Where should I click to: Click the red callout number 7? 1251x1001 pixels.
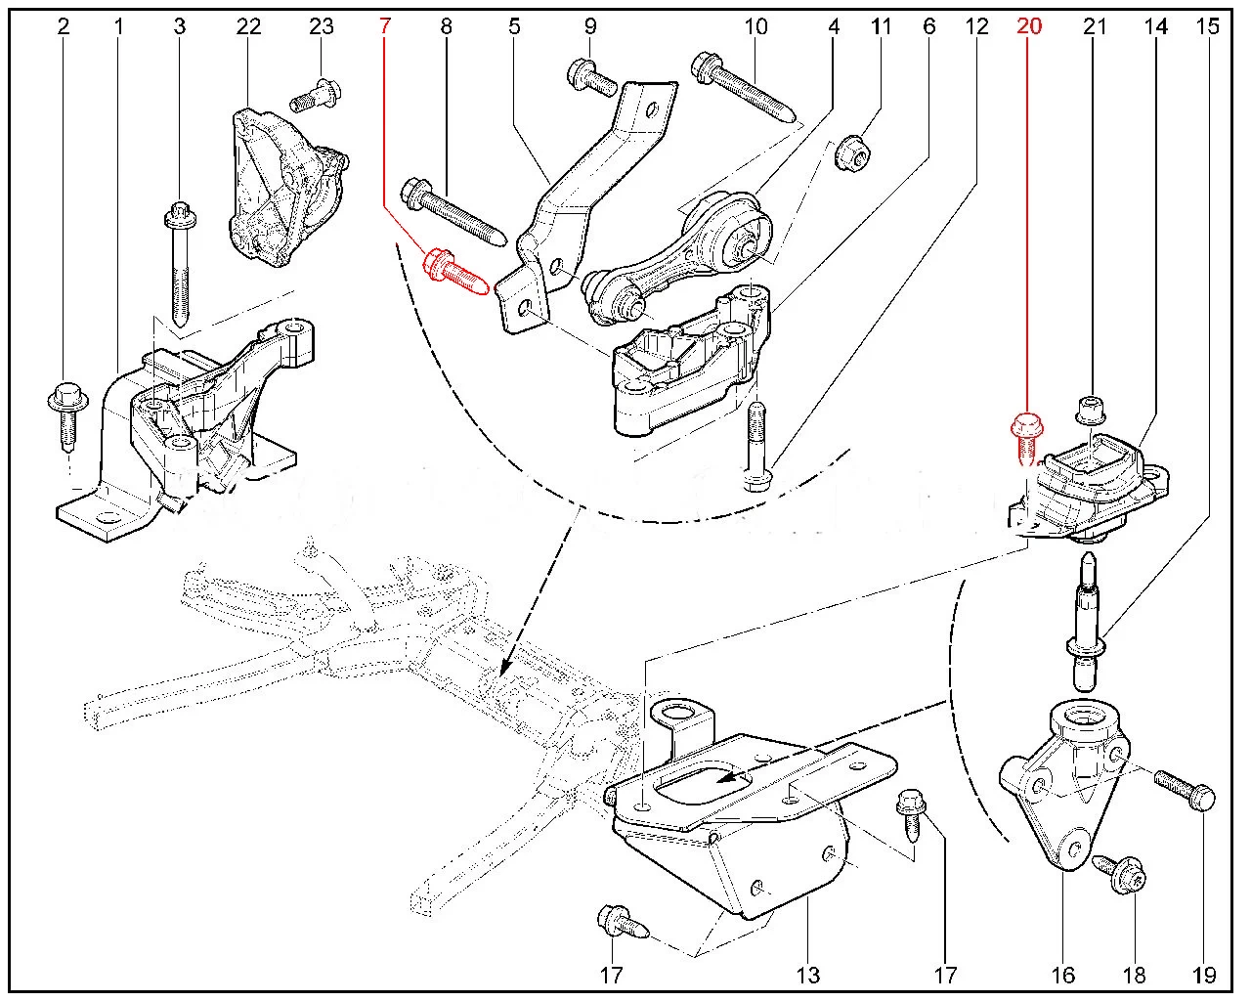[384, 27]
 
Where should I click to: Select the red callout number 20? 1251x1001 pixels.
[1029, 27]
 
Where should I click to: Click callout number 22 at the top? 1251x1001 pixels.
[249, 27]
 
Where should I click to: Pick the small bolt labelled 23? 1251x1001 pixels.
[316, 97]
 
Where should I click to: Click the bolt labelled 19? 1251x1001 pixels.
[1186, 789]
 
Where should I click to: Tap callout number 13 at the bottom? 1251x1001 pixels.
[808, 975]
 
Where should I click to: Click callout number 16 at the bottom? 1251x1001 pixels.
[1063, 975]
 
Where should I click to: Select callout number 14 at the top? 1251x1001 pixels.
[1156, 27]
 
